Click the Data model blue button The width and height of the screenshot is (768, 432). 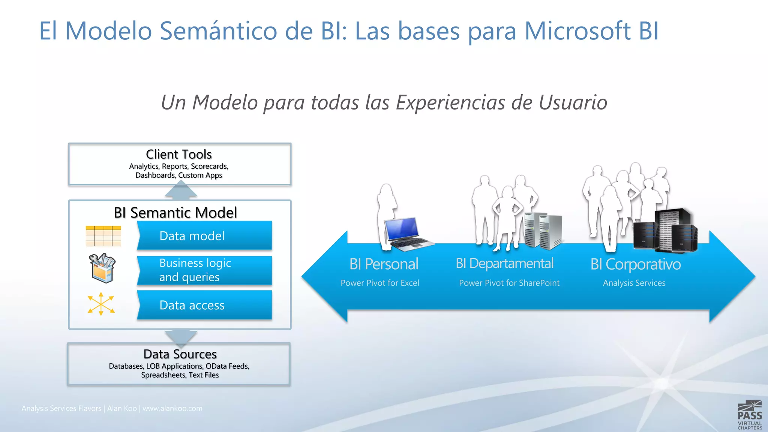204,235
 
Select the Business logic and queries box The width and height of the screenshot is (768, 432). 204,270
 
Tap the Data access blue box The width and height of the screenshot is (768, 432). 204,305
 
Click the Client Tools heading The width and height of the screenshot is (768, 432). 179,154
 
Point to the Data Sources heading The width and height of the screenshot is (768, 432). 180,354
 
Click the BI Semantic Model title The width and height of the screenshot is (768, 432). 175,213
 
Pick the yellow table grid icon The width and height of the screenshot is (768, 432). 103,236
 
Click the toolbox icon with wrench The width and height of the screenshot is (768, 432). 102,268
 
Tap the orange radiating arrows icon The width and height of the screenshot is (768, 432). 101,304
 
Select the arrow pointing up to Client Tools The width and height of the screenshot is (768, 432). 181,190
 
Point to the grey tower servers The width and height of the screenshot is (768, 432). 543,231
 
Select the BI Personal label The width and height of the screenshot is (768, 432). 384,264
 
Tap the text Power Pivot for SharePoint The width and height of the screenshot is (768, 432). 509,283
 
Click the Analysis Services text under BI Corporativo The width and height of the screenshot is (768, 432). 634,283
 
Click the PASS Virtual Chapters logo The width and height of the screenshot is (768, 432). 749,415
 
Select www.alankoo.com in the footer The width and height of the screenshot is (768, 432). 172,408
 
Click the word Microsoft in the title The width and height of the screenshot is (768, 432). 577,31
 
